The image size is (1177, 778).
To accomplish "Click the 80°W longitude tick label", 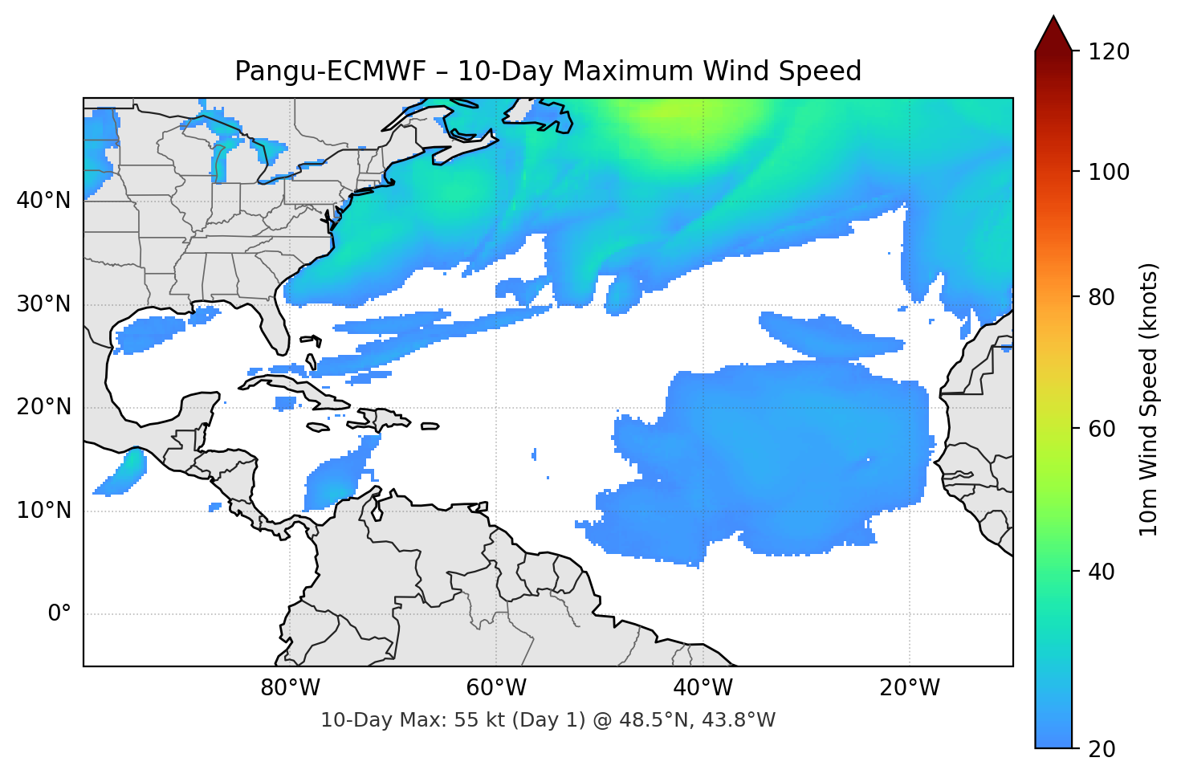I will pos(290,688).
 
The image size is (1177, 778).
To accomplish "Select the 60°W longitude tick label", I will pos(495,688).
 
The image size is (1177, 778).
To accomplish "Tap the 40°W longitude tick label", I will pos(702,688).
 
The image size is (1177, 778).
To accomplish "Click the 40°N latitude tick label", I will pos(43,201).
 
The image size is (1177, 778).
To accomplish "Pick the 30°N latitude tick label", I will pos(43,304).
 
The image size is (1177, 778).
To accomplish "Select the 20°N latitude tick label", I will pos(43,407).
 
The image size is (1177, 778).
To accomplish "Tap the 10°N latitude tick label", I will pos(43,511).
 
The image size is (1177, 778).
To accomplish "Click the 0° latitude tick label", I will pos(59,614).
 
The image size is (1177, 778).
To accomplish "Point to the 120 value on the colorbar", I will pos(1109,51).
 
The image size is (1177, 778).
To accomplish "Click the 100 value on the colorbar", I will pos(1109,172).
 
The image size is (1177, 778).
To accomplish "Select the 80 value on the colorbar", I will pos(1102,297).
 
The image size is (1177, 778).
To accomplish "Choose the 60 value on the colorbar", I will pos(1102,429).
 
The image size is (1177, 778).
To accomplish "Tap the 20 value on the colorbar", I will pos(1102,748).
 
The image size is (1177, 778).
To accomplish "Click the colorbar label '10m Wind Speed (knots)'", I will pos(1149,399).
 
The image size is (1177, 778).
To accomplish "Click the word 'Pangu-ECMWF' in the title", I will pos(330,71).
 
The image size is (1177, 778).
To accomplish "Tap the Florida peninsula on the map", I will pos(274,325).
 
